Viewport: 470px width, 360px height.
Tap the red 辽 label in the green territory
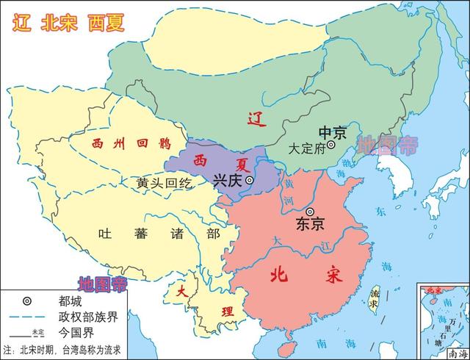click(x=255, y=118)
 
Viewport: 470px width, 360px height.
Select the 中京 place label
click(x=331, y=132)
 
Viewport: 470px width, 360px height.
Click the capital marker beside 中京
click(x=331, y=145)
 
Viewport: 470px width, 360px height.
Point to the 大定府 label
click(x=306, y=147)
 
